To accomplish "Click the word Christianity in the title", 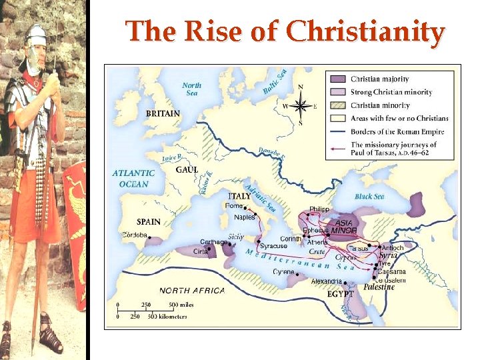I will click(365, 32).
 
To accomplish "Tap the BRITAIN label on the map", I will click(163, 113).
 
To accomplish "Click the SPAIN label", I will click(148, 221).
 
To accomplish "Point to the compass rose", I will click(301, 105).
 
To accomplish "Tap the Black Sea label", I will click(369, 197).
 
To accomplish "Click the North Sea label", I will click(191, 89).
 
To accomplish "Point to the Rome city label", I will click(234, 206).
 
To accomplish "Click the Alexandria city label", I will click(326, 281).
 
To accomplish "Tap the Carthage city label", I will click(213, 242).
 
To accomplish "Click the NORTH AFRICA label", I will click(192, 291).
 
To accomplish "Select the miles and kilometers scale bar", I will click(152, 311).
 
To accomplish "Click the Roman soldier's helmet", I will click(35, 35).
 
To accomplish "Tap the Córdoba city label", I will click(135, 235).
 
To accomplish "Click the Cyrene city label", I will click(284, 272).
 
